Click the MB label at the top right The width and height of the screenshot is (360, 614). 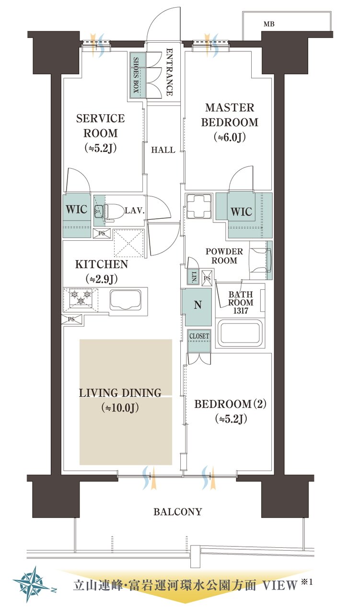click(x=269, y=24)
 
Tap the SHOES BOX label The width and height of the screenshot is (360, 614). click(x=136, y=74)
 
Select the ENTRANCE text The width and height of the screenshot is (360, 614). click(x=170, y=72)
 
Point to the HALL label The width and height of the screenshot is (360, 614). click(x=163, y=150)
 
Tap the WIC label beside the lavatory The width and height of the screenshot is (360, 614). click(x=77, y=210)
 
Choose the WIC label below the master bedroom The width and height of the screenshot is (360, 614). click(x=242, y=212)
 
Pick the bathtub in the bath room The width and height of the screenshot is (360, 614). click(x=240, y=333)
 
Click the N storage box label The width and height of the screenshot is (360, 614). click(x=198, y=305)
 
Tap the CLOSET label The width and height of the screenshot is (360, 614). click(x=199, y=336)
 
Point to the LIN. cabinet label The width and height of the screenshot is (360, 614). click(x=194, y=277)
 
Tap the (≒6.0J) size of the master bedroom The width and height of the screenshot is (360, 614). click(x=230, y=137)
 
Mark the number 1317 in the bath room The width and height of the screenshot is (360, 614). click(x=241, y=310)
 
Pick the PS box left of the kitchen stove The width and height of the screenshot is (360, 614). click(x=72, y=319)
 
